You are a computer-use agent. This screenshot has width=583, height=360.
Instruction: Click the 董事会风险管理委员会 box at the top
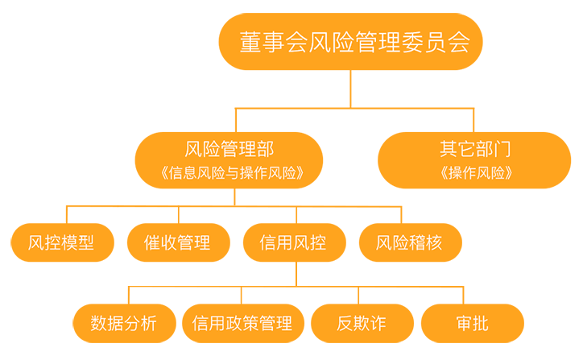click(349, 43)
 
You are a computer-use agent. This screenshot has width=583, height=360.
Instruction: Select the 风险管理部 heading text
click(229, 149)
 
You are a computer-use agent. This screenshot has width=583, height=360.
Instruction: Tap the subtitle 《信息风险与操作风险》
click(229, 172)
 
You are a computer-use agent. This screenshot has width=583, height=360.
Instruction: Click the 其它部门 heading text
click(474, 149)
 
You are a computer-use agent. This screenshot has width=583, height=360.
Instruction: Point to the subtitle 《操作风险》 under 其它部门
click(474, 172)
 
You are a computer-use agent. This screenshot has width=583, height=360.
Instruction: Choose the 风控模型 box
click(60, 242)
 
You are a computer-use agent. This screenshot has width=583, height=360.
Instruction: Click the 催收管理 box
click(177, 242)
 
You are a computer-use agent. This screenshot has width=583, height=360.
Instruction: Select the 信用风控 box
click(293, 242)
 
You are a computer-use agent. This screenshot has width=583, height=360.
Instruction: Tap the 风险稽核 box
click(410, 242)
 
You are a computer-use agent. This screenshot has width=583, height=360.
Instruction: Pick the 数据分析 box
click(124, 324)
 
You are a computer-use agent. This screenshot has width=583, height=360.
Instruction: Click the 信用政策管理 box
click(242, 324)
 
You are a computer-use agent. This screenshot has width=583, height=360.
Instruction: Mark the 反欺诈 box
click(361, 324)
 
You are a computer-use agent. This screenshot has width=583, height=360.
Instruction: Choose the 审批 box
click(472, 324)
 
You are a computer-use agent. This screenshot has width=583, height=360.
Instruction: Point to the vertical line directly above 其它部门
click(474, 119)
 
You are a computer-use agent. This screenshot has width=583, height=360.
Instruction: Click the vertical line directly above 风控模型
click(67, 214)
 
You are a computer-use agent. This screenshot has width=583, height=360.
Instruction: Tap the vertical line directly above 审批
click(472, 295)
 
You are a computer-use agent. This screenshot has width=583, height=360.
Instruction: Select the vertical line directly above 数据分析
click(130, 295)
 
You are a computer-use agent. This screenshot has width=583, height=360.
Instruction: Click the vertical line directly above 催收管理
click(178, 214)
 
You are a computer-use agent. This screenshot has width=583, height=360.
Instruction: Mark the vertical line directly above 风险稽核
click(401, 214)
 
